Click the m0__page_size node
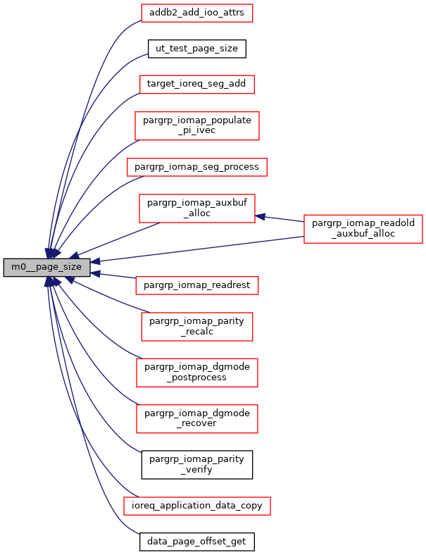(x=47, y=268)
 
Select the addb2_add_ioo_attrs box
(x=196, y=12)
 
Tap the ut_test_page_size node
(x=196, y=49)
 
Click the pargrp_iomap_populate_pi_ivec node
(x=196, y=126)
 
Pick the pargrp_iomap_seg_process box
(x=196, y=167)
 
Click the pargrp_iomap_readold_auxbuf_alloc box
(x=363, y=228)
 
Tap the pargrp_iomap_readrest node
(x=196, y=285)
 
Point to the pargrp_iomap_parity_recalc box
(x=196, y=326)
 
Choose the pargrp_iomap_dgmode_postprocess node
(x=196, y=372)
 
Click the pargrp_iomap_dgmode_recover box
(x=196, y=418)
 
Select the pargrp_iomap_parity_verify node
(x=196, y=464)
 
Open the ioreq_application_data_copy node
(x=196, y=506)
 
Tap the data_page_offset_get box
(x=196, y=542)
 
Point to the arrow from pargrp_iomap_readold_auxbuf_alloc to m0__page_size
(x=197, y=249)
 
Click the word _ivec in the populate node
(x=196, y=132)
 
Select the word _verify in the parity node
(x=196, y=470)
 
